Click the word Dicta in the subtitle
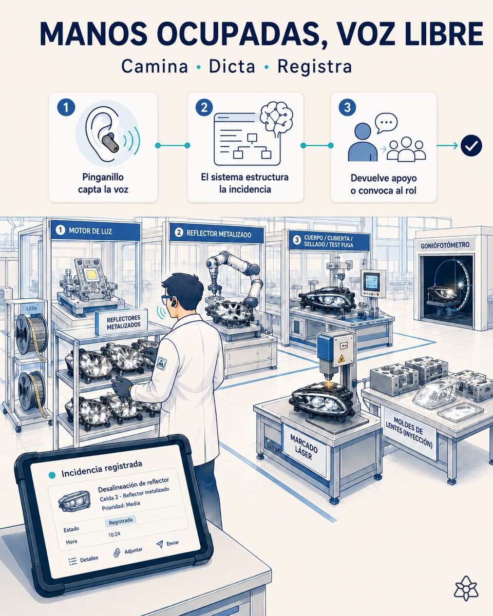pyautogui.click(x=232, y=66)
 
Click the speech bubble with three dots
pyautogui.click(x=386, y=123)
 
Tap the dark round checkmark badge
pyautogui.click(x=471, y=145)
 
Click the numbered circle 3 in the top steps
pyautogui.click(x=347, y=107)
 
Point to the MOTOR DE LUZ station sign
pyautogui.click(x=95, y=230)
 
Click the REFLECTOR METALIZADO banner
pyautogui.click(x=217, y=234)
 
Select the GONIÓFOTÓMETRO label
pyautogui.click(x=445, y=245)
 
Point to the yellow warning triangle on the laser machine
pyautogui.click(x=341, y=358)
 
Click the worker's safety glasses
pyautogui.click(x=167, y=299)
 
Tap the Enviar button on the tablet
pyautogui.click(x=168, y=544)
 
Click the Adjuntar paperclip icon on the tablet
pyautogui.click(x=117, y=553)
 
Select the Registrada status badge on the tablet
pyautogui.click(x=121, y=521)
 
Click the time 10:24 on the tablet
pyautogui.click(x=114, y=534)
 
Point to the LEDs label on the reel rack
pyautogui.click(x=31, y=308)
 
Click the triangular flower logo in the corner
pyautogui.click(x=465, y=588)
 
